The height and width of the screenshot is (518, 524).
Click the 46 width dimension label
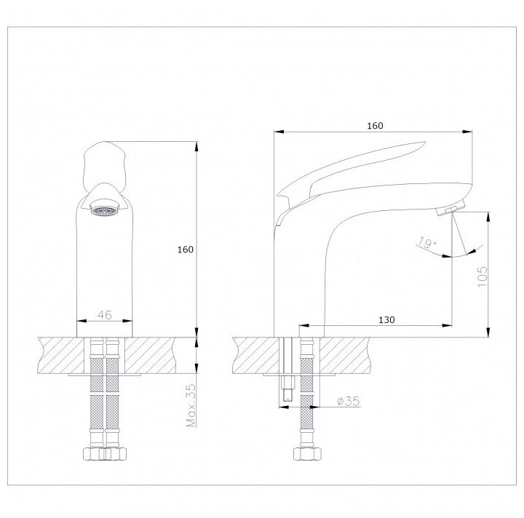[x=105, y=315]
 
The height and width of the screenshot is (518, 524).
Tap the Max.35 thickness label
[x=191, y=407]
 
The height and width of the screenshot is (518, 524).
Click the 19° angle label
[x=427, y=244]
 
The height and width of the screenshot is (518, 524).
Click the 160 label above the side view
[x=374, y=126]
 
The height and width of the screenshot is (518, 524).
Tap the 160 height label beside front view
[x=186, y=250]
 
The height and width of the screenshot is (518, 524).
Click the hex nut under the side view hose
[x=306, y=454]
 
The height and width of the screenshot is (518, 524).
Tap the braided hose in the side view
[x=306, y=407]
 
